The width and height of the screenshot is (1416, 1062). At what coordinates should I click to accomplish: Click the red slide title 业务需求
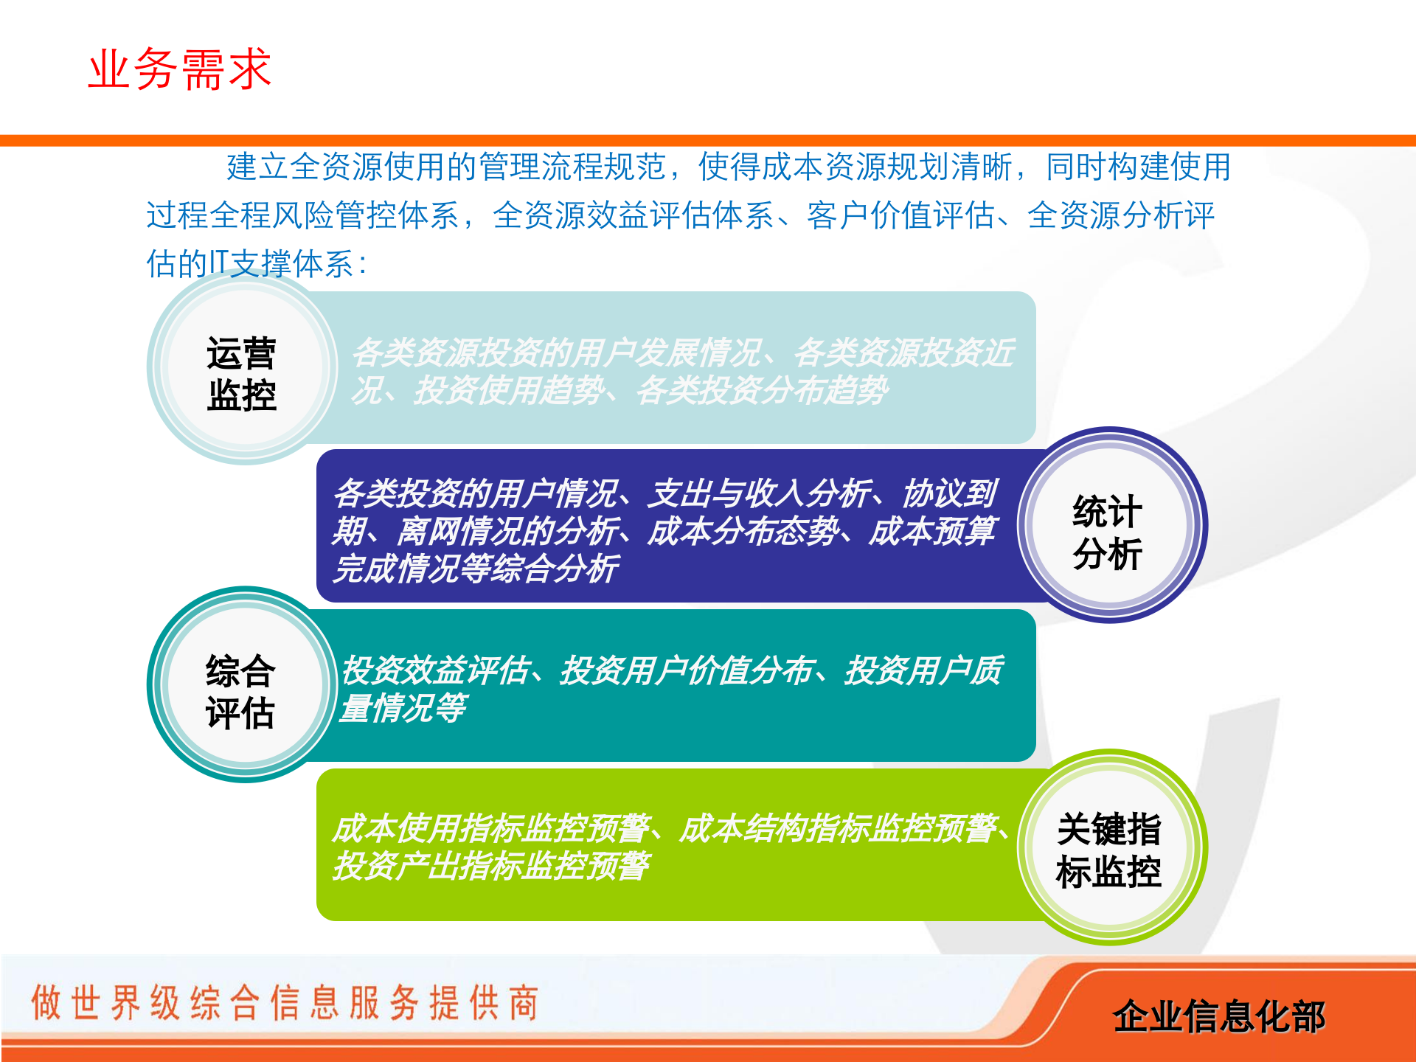coord(180,69)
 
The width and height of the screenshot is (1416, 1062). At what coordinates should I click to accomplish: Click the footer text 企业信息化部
coord(1218,1016)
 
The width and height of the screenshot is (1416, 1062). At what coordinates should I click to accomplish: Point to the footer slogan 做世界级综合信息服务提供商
coord(285,1003)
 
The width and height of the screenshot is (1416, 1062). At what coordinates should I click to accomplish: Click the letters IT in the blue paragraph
coord(219,263)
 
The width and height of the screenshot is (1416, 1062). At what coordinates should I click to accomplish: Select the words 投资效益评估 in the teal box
coord(435,670)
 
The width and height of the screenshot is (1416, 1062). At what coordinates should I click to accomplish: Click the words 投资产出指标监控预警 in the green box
coord(491,866)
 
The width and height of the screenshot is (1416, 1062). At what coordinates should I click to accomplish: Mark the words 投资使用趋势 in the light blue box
coord(509,390)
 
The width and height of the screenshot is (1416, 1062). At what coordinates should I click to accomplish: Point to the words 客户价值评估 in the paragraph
coord(900,215)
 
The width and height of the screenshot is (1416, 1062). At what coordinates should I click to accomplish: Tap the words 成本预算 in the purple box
coord(932,531)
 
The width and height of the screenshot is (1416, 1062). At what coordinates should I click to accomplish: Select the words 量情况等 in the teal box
coord(403,708)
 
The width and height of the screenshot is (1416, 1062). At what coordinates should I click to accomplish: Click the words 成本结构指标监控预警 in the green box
coord(838,827)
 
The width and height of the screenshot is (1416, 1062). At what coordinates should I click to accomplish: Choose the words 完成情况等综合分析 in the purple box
coord(476,569)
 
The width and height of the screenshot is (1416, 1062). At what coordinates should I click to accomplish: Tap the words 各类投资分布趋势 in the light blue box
coord(763,390)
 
